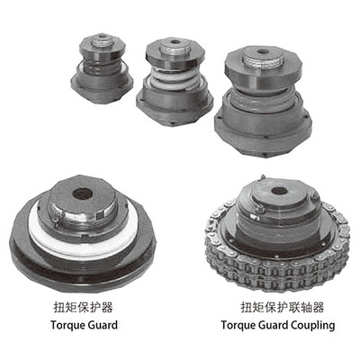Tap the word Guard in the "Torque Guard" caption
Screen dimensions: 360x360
pos(103,325)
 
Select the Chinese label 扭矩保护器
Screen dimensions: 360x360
pos(83,308)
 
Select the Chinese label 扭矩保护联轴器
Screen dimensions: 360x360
pos(282,308)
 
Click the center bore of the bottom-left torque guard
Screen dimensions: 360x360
pos(82,194)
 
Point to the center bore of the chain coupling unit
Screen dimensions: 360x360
pos(279,190)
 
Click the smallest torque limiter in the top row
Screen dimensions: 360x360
pos(102,68)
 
